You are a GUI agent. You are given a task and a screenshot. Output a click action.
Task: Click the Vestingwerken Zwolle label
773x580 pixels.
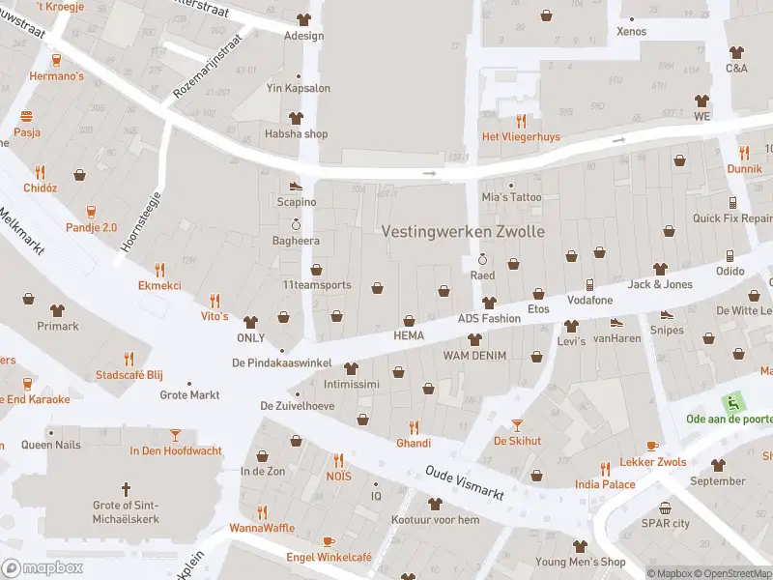(x=463, y=232)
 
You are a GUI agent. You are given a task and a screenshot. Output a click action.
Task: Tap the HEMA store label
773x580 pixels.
(x=409, y=334)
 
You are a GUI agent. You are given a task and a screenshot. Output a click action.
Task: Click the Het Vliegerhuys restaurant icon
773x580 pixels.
(x=522, y=121)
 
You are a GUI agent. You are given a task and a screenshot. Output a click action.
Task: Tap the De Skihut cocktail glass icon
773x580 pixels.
(x=517, y=424)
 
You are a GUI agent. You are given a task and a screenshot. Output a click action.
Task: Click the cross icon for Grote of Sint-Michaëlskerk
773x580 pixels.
(x=126, y=489)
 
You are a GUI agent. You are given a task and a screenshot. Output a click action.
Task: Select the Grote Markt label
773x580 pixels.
(x=189, y=394)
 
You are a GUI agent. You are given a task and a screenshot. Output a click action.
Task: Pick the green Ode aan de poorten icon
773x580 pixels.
(x=734, y=402)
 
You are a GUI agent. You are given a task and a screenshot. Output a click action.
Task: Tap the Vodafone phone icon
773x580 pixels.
(x=589, y=284)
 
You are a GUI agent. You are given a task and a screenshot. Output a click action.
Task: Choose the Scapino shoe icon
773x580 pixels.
(x=296, y=187)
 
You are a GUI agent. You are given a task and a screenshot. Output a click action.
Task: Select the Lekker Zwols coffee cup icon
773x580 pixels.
(x=652, y=446)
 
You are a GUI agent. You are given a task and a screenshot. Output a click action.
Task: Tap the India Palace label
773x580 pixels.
(x=605, y=484)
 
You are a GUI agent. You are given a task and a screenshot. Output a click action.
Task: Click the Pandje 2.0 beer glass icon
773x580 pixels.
(x=91, y=212)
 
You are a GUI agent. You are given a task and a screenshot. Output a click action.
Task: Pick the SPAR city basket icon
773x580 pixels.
(x=666, y=507)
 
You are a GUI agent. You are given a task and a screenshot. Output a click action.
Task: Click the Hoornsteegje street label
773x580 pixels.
(x=140, y=220)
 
